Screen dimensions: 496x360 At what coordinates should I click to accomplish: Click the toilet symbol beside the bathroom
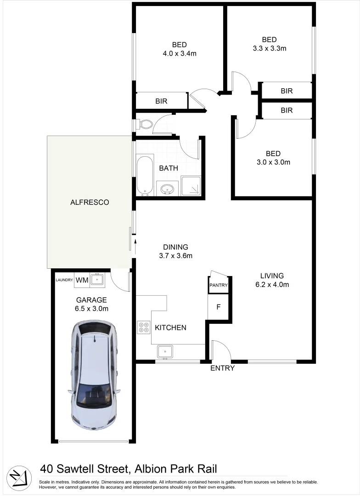145,124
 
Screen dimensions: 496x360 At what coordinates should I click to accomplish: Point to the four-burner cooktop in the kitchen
143,327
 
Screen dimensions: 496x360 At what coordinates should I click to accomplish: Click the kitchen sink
165,352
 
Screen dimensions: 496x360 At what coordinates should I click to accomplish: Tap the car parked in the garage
96,375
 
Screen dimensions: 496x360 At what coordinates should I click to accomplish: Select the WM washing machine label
82,280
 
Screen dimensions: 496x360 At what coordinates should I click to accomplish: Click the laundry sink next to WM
97,279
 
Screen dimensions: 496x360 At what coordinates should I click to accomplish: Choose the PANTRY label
219,285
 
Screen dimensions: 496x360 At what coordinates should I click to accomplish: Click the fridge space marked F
219,307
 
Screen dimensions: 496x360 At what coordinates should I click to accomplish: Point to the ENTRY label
222,368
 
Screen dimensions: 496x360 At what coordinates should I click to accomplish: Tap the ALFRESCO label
90,202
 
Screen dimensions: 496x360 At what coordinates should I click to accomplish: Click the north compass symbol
18,475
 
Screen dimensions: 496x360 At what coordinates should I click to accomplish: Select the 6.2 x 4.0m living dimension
272,284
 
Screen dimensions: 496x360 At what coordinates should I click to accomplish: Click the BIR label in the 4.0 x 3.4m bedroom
161,101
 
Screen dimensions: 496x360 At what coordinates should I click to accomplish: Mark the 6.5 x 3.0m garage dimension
92,308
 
